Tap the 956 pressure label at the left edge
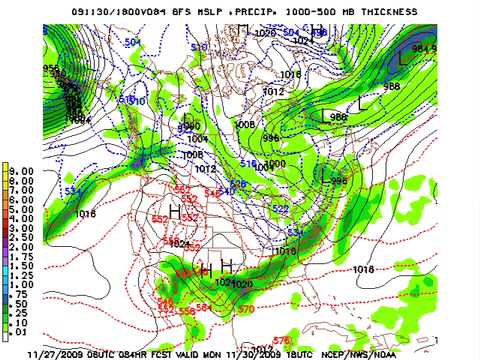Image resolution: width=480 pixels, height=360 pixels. click(51, 69)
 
